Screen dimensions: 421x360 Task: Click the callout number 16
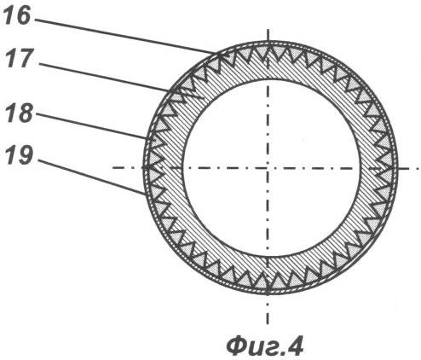coord(16,15)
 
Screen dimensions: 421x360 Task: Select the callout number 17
coord(20,58)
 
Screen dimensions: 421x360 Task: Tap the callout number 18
coord(20,113)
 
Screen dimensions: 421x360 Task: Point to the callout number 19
coord(20,155)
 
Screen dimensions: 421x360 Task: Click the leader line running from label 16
coord(126,37)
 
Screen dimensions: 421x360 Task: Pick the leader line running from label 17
coord(104,78)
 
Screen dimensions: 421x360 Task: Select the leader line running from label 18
coord(92,126)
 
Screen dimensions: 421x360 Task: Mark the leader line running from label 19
coord(91,177)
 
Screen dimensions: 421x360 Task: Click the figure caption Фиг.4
coord(265,345)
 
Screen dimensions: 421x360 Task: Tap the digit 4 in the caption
coord(294,345)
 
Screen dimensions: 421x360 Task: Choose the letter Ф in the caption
coord(238,345)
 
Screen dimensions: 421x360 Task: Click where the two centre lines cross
coord(268,168)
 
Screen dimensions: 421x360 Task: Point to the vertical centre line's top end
coord(268,29)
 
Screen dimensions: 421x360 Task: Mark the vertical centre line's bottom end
coord(268,324)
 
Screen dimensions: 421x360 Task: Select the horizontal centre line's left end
coord(112,168)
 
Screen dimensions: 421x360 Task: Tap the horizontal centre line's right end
coord(420,168)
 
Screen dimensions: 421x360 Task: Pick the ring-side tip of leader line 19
coord(145,195)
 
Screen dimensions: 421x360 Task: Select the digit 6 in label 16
coord(24,15)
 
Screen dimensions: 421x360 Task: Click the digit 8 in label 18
coord(26,113)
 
